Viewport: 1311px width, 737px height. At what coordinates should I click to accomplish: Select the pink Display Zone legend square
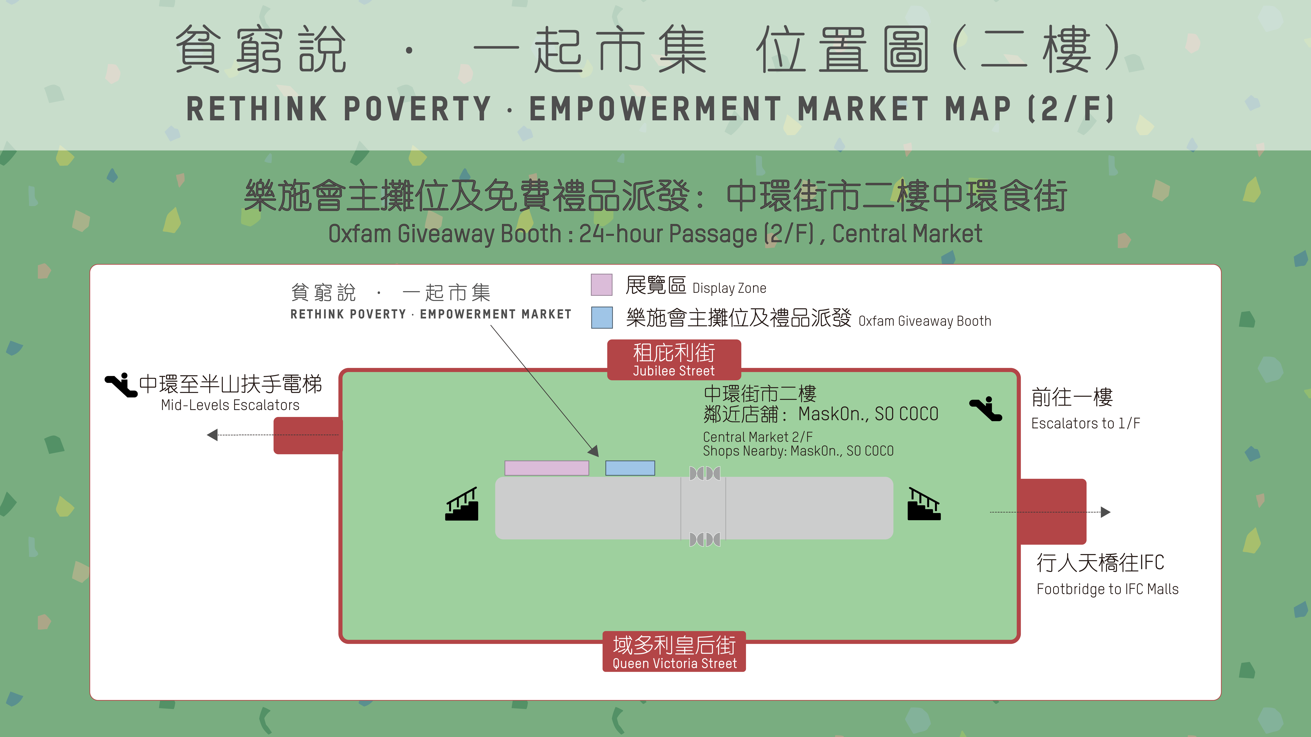(601, 285)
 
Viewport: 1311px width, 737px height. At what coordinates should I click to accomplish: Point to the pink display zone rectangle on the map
(547, 468)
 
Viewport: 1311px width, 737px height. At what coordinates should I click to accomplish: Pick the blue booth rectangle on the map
(630, 468)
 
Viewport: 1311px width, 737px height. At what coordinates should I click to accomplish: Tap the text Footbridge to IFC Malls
(1107, 589)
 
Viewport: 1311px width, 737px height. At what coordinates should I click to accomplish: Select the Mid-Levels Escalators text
(230, 405)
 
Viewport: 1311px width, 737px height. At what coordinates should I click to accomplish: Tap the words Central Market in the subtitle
(907, 234)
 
